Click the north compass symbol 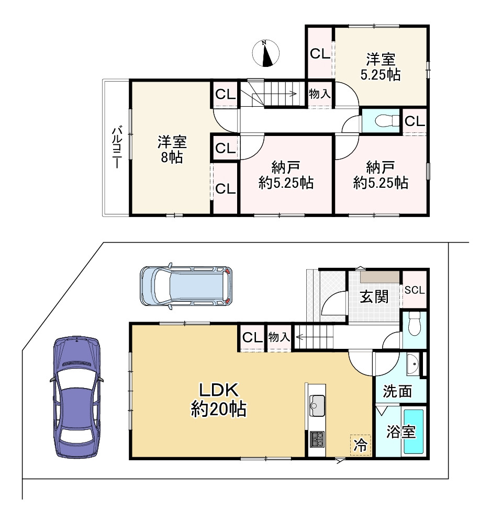(x=266, y=53)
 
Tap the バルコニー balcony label (x=117, y=146)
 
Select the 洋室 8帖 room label (x=172, y=149)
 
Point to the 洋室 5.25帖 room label (x=381, y=67)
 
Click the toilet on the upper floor (x=387, y=120)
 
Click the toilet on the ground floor (x=414, y=324)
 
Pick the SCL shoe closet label (x=415, y=290)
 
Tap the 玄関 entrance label (x=374, y=297)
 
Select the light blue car (x=186, y=286)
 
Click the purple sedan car (x=76, y=396)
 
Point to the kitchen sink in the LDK (x=317, y=405)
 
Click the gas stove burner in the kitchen (x=317, y=439)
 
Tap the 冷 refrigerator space (x=361, y=445)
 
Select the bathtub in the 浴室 (x=414, y=431)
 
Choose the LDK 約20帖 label (x=219, y=399)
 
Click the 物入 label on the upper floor (x=319, y=94)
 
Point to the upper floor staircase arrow (x=274, y=94)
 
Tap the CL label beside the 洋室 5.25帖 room (x=320, y=53)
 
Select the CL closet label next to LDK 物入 (x=252, y=337)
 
